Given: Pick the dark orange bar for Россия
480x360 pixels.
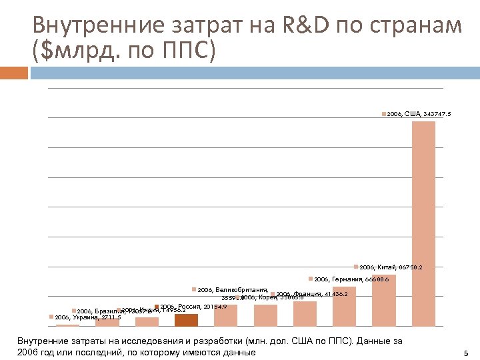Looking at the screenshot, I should (186, 320).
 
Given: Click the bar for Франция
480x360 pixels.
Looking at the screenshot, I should (305, 313).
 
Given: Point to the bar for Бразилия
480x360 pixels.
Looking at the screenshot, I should (107, 322).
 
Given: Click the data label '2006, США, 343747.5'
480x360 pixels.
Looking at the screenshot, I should (418, 115).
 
